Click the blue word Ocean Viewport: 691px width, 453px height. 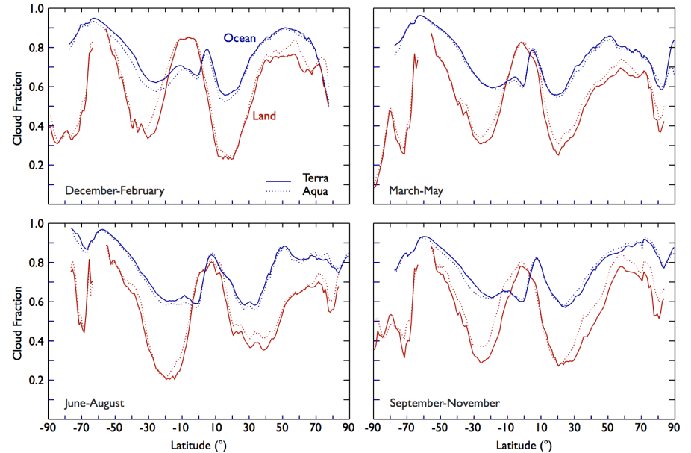pos(240,38)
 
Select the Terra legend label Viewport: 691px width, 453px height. pos(315,178)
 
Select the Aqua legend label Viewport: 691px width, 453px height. pos(315,191)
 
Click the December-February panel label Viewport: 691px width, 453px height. pos(115,191)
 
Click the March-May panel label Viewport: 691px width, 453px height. pos(416,191)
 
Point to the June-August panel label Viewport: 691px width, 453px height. pos(94,403)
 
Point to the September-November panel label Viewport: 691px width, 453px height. pos(445,403)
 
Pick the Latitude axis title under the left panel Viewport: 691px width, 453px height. pos(200,445)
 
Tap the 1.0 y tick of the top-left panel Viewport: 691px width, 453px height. pos(36,9)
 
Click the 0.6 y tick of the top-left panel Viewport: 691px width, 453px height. pos(36,87)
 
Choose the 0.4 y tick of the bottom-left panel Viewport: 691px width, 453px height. pos(36,341)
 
